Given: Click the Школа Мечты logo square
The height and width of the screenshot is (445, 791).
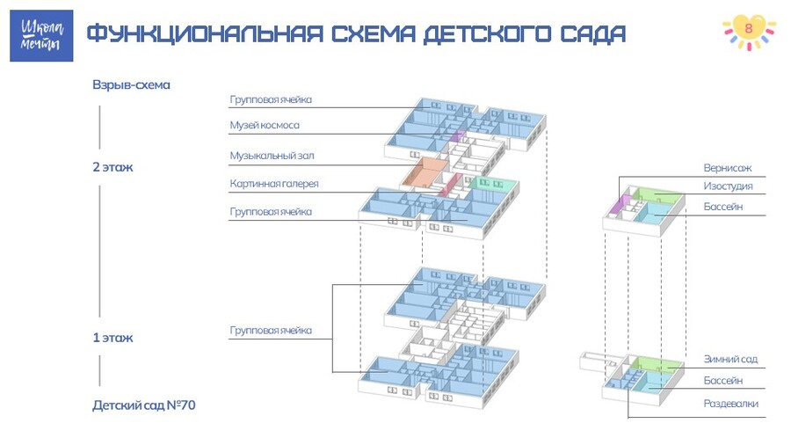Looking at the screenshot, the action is click(41, 36).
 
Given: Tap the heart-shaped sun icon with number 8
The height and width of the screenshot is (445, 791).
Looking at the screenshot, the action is click(749, 32).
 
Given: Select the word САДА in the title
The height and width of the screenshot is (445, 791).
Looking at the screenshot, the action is click(592, 34).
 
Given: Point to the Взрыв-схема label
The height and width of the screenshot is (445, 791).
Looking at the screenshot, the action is click(131, 84).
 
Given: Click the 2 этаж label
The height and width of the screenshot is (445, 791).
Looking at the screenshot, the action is click(112, 167).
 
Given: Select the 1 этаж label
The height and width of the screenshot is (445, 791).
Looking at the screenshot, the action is click(112, 338).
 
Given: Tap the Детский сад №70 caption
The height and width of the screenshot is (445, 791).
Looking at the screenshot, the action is click(144, 405).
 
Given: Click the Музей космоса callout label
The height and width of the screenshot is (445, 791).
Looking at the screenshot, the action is click(265, 125).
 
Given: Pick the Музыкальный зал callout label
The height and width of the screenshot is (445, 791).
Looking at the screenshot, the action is click(272, 156).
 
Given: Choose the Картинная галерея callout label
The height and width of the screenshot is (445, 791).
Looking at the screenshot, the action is click(274, 184).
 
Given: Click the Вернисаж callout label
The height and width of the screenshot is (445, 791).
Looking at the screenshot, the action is click(728, 167).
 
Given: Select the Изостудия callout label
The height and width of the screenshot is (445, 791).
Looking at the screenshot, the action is click(728, 186).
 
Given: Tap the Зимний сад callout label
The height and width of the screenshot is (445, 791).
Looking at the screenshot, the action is click(730, 359).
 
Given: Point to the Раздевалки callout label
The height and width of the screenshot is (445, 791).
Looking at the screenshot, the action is click(730, 404).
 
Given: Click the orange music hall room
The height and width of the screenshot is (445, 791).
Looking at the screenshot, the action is click(425, 172).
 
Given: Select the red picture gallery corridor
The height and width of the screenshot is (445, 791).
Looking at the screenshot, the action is click(450, 185).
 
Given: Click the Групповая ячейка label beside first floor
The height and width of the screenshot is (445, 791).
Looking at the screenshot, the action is click(271, 331).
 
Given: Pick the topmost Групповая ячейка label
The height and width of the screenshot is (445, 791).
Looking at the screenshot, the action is click(271, 99).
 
